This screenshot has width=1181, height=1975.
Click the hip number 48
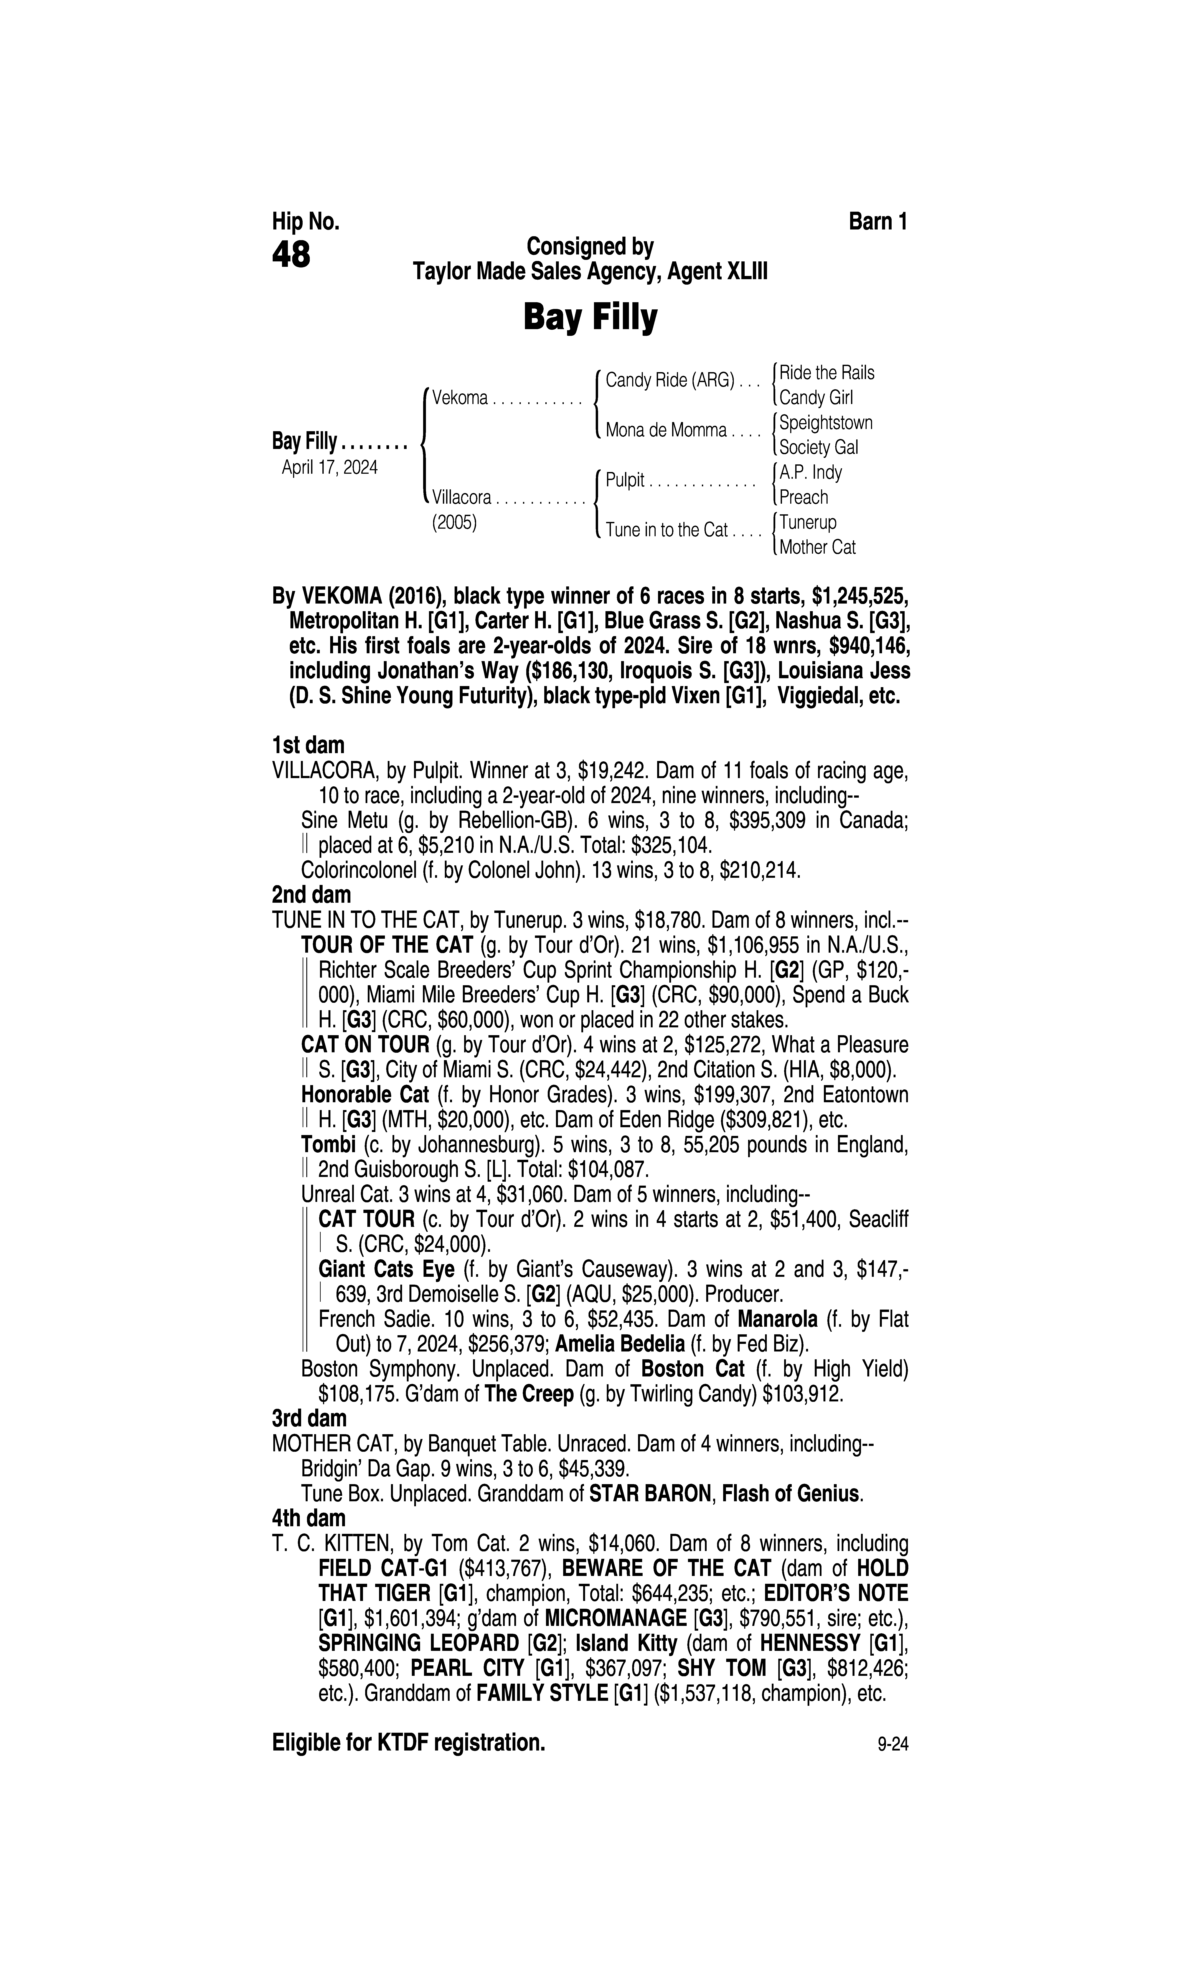click(x=291, y=256)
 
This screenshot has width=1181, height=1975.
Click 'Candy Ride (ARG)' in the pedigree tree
click(x=669, y=380)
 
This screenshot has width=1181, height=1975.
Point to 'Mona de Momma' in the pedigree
click(x=666, y=431)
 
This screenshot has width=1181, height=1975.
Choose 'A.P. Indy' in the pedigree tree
click(x=810, y=473)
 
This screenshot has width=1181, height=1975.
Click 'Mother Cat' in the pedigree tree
click(x=817, y=548)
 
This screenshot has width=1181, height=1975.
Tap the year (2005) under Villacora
click(x=454, y=523)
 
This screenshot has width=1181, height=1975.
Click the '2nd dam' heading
click(x=311, y=895)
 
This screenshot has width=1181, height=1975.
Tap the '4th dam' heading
click(x=309, y=1518)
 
